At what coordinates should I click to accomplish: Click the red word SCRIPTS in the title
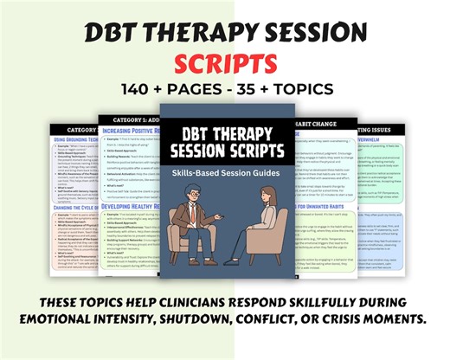(225, 63)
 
